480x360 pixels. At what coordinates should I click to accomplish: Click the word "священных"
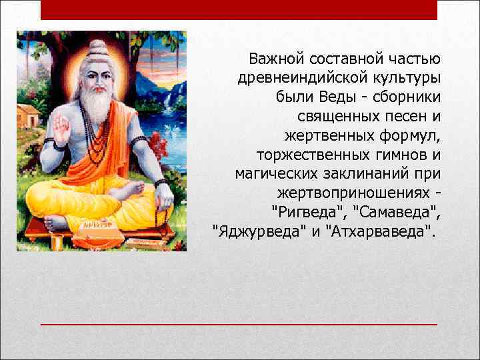pyautogui.click(x=333, y=117)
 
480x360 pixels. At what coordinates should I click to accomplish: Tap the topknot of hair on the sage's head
pyautogui.click(x=97, y=47)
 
